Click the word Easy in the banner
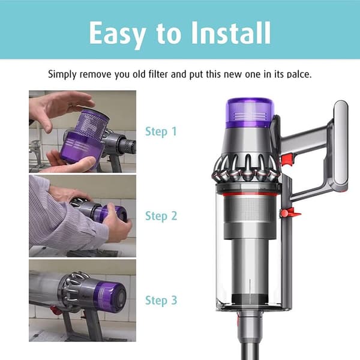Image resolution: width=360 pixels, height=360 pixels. (x=117, y=34)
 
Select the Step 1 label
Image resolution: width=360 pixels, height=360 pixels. (x=161, y=131)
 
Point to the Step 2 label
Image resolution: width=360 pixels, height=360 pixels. (x=161, y=216)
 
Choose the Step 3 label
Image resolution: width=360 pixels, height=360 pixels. (x=161, y=301)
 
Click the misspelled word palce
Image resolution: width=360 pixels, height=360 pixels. (x=299, y=74)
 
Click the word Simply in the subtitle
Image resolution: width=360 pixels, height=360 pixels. (x=62, y=74)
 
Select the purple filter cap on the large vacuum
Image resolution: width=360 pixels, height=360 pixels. (x=250, y=113)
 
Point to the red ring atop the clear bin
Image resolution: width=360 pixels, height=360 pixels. (x=249, y=195)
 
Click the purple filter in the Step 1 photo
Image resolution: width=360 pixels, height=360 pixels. (x=83, y=138)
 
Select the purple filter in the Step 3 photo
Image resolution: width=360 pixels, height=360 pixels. (x=110, y=295)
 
